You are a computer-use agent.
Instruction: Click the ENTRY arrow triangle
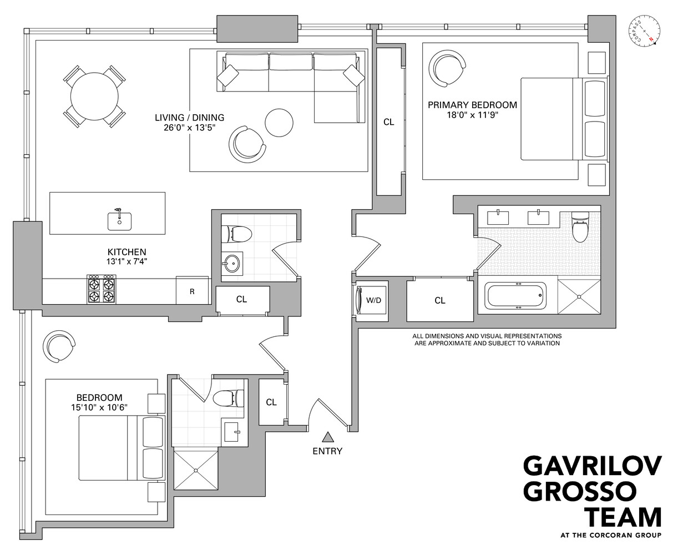(x=327, y=437)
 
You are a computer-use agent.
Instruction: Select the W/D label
(x=374, y=300)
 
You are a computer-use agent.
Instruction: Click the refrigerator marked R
(x=192, y=290)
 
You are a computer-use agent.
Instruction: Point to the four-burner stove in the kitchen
(x=100, y=289)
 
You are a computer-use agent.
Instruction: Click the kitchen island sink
(x=119, y=220)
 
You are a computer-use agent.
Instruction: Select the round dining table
(x=94, y=95)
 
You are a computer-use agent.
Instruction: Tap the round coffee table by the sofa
(x=279, y=123)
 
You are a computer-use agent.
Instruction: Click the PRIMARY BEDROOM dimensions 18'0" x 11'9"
(x=472, y=116)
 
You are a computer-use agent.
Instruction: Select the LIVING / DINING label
(x=189, y=118)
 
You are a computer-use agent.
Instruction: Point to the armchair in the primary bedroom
(x=448, y=68)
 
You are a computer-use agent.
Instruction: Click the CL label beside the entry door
(x=271, y=402)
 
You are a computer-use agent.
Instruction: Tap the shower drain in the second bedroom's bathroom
(x=195, y=470)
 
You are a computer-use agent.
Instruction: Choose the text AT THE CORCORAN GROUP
(x=610, y=536)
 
